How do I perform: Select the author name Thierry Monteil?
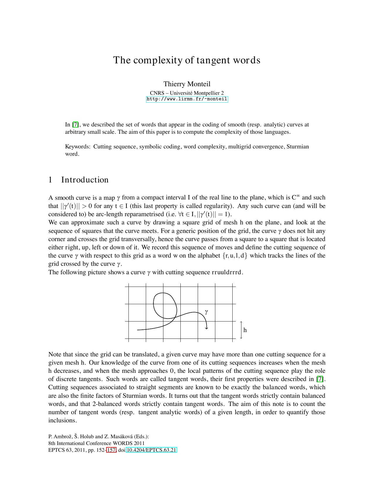187,84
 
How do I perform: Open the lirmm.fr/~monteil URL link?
187,99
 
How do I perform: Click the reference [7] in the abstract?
75,125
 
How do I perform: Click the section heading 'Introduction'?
85,180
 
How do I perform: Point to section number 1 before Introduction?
50,180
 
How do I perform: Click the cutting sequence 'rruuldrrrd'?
227,272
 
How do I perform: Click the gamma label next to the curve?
207,312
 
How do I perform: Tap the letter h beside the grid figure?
245,330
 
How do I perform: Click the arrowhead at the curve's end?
207,328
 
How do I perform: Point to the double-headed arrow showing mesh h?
241,330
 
